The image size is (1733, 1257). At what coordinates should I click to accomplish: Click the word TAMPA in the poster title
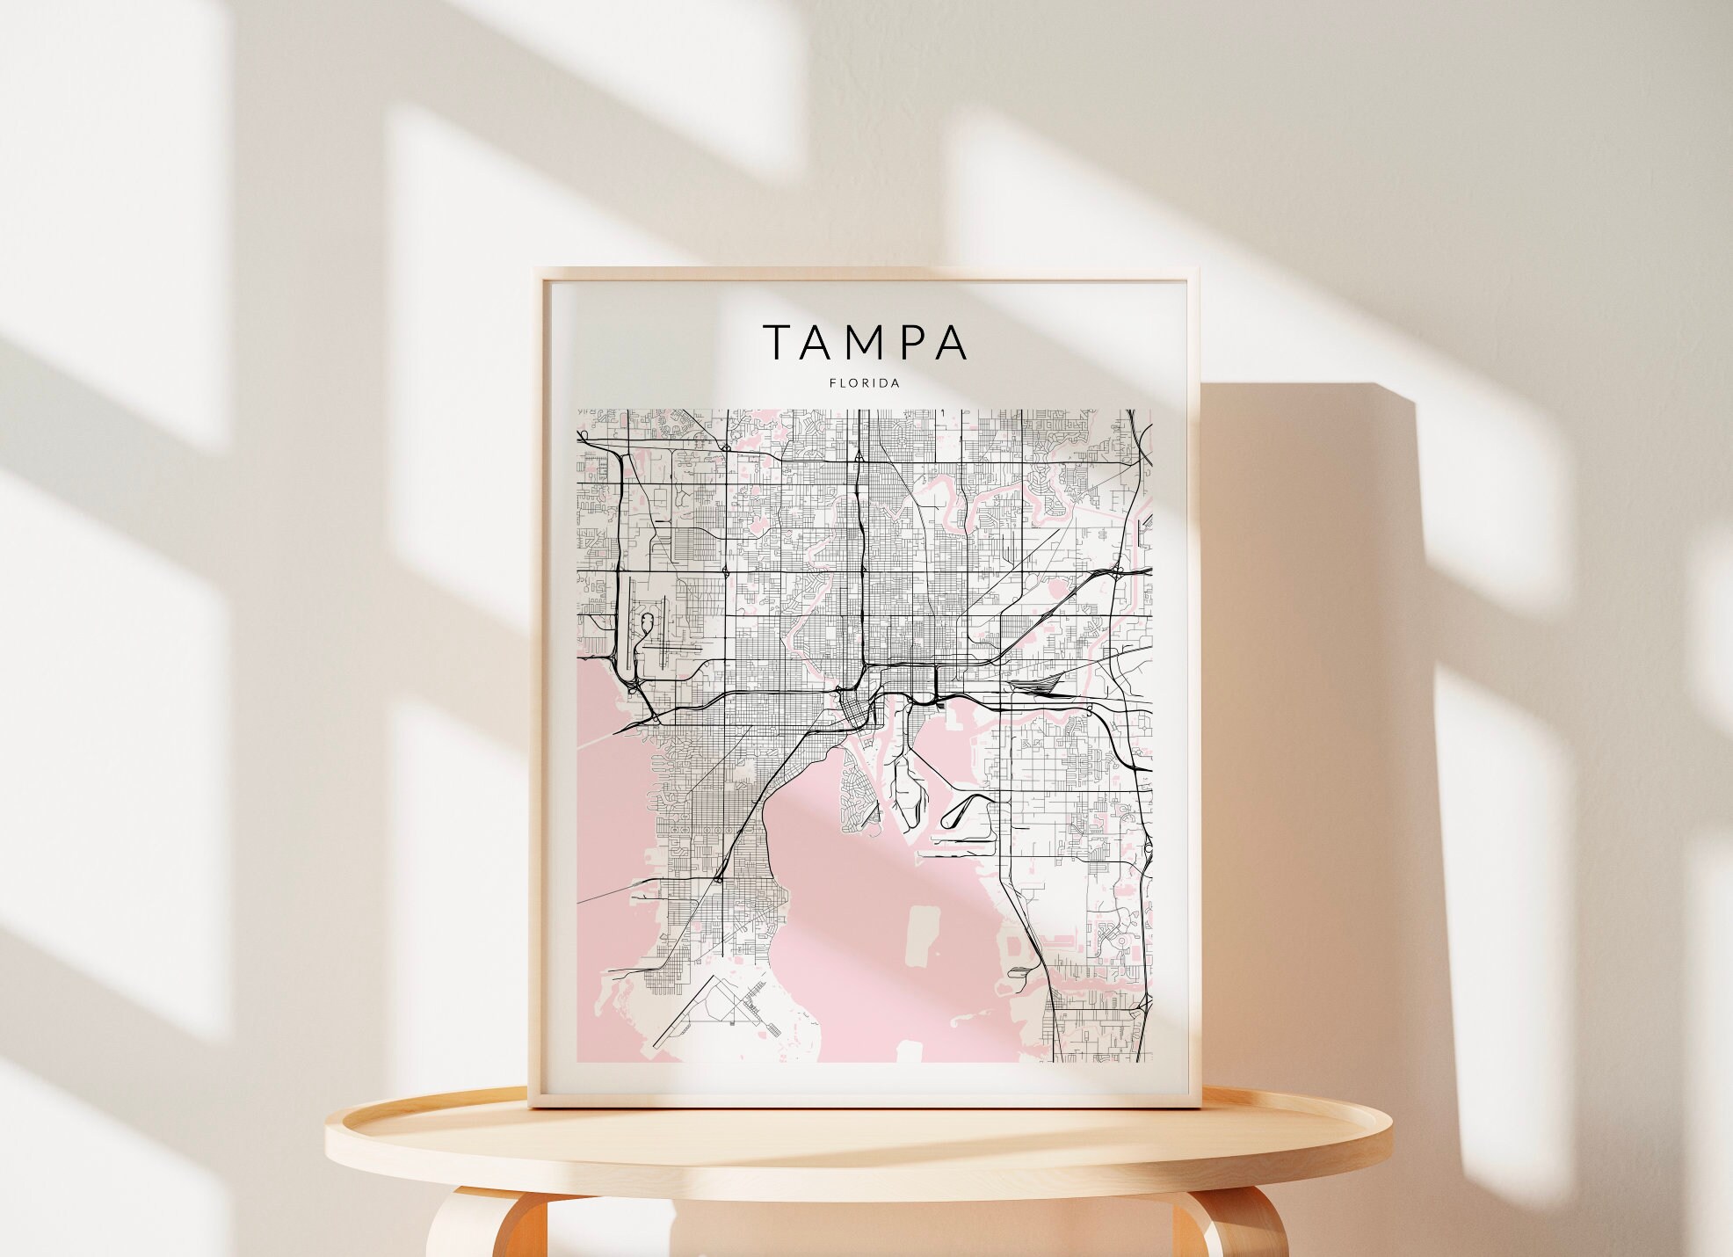(x=866, y=343)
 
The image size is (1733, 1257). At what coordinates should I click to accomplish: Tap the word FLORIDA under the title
(x=865, y=383)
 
